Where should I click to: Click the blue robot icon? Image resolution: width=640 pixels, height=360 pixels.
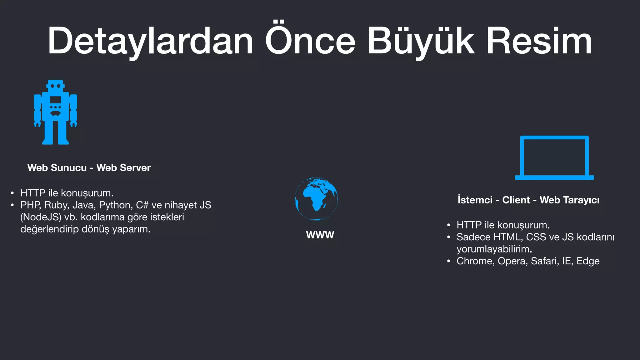tap(55, 112)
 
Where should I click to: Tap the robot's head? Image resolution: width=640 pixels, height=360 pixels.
tap(56, 86)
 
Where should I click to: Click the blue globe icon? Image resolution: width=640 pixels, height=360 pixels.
tap(316, 199)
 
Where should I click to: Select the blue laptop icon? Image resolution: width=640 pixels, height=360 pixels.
tap(554, 158)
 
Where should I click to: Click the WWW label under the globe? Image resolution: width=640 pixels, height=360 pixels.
tap(320, 235)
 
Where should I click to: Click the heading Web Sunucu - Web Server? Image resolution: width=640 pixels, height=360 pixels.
tap(89, 168)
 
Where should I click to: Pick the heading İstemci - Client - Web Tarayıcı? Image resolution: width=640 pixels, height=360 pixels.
tap(528, 200)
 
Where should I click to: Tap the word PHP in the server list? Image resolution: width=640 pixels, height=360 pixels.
tap(30, 205)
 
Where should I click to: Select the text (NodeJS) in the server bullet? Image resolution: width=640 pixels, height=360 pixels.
tap(41, 217)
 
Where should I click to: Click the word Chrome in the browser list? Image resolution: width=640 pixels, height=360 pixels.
tap(475, 261)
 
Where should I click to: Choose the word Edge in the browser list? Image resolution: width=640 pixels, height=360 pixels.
tap(588, 261)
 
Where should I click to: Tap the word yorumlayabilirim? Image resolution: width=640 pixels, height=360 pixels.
tap(494, 249)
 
